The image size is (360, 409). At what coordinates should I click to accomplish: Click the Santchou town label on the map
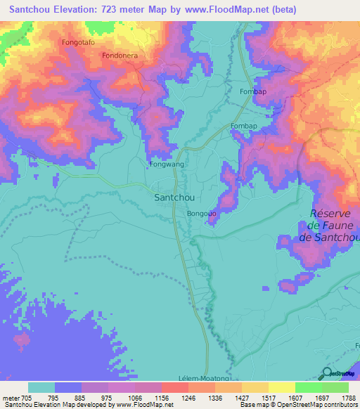174,197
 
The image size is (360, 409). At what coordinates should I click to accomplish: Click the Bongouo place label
202,213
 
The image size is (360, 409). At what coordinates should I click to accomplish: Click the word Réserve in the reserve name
335,214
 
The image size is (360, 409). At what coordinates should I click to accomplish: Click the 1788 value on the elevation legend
349,397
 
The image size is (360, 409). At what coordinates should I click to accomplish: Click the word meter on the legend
11,397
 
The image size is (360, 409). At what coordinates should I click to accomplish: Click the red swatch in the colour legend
174,387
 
